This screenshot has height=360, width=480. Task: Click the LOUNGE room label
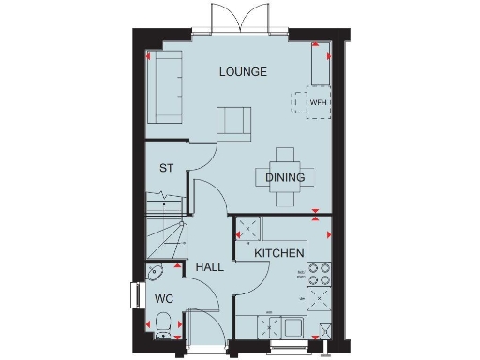point(243,71)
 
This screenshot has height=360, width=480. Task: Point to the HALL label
point(210,267)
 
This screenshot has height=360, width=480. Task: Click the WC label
point(163,298)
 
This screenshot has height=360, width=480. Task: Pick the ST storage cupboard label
point(167,169)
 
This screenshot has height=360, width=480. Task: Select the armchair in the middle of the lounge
point(234,123)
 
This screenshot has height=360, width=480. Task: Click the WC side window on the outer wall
point(131,293)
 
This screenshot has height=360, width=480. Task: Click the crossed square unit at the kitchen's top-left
point(248,226)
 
